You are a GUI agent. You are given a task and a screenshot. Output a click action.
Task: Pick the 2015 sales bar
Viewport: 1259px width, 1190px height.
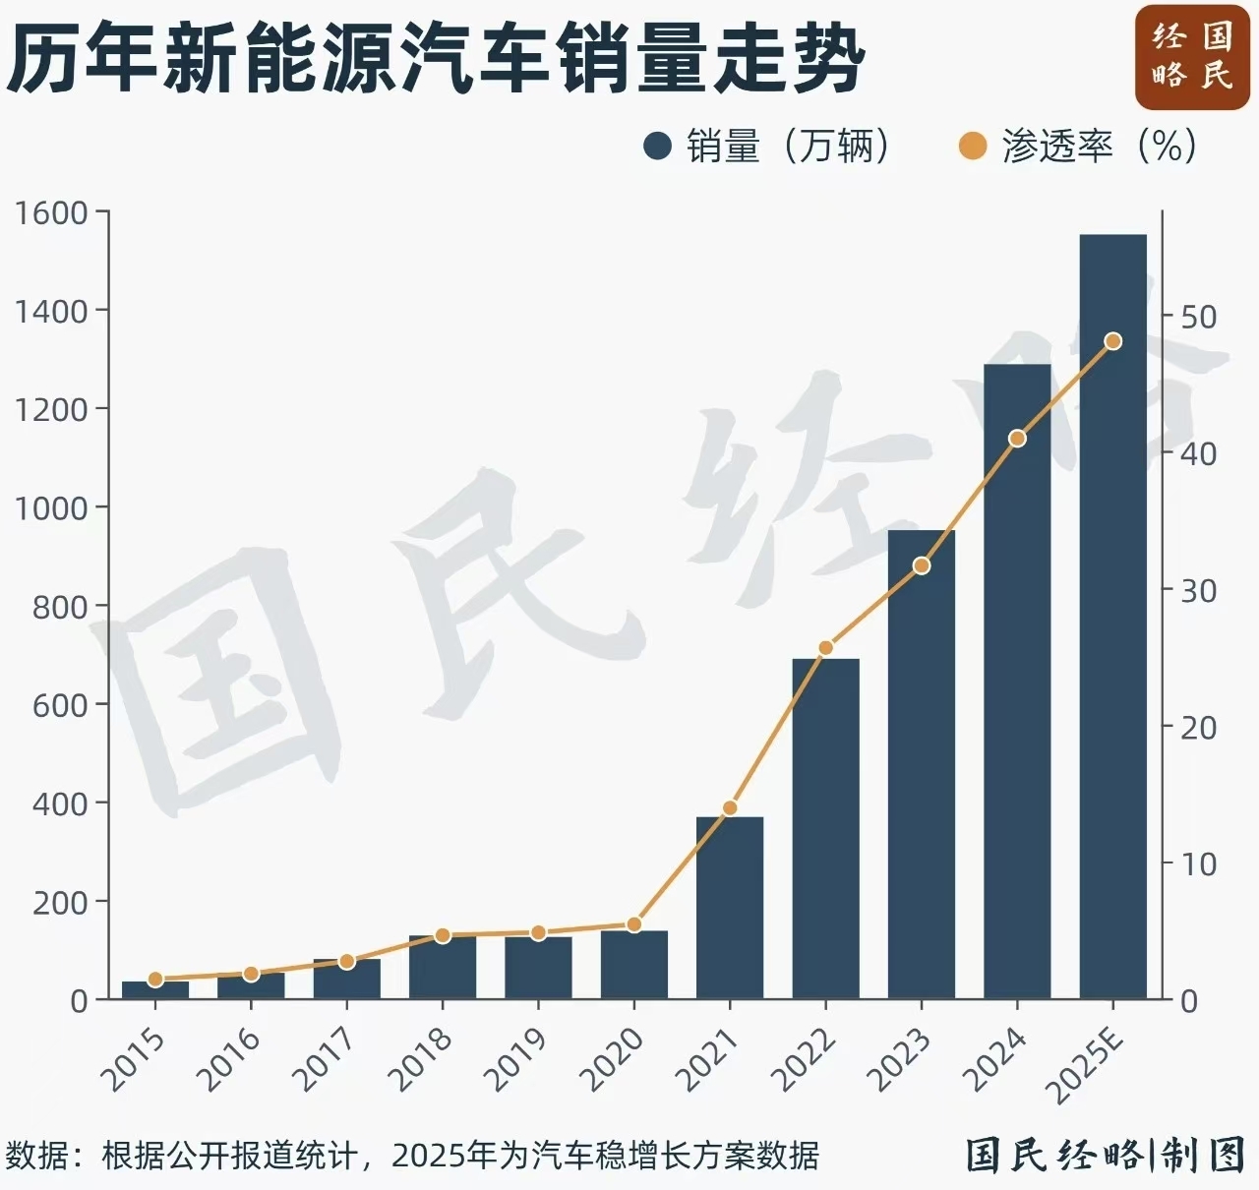point(155,990)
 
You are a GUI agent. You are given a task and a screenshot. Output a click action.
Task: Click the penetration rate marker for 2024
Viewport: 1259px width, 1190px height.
point(1017,439)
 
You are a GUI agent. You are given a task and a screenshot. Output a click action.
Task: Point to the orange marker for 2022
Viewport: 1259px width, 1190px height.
point(826,648)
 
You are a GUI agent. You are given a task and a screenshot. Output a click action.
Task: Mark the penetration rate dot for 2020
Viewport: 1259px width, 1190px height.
point(634,924)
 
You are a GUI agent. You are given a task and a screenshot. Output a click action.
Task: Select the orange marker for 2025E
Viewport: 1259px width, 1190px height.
point(1112,341)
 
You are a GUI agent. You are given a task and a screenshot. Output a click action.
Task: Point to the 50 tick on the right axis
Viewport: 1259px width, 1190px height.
point(1198,317)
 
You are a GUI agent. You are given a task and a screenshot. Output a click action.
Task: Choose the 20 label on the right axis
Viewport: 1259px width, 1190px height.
point(1198,728)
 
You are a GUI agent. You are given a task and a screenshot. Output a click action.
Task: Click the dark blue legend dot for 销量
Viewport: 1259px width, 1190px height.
point(657,147)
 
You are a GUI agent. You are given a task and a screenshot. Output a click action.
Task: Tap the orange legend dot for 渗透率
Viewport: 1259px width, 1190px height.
point(972,147)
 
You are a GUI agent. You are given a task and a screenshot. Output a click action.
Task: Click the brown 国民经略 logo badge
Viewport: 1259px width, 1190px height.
point(1191,57)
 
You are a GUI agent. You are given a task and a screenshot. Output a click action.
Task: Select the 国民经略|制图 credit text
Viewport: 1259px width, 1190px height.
point(1105,1155)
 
